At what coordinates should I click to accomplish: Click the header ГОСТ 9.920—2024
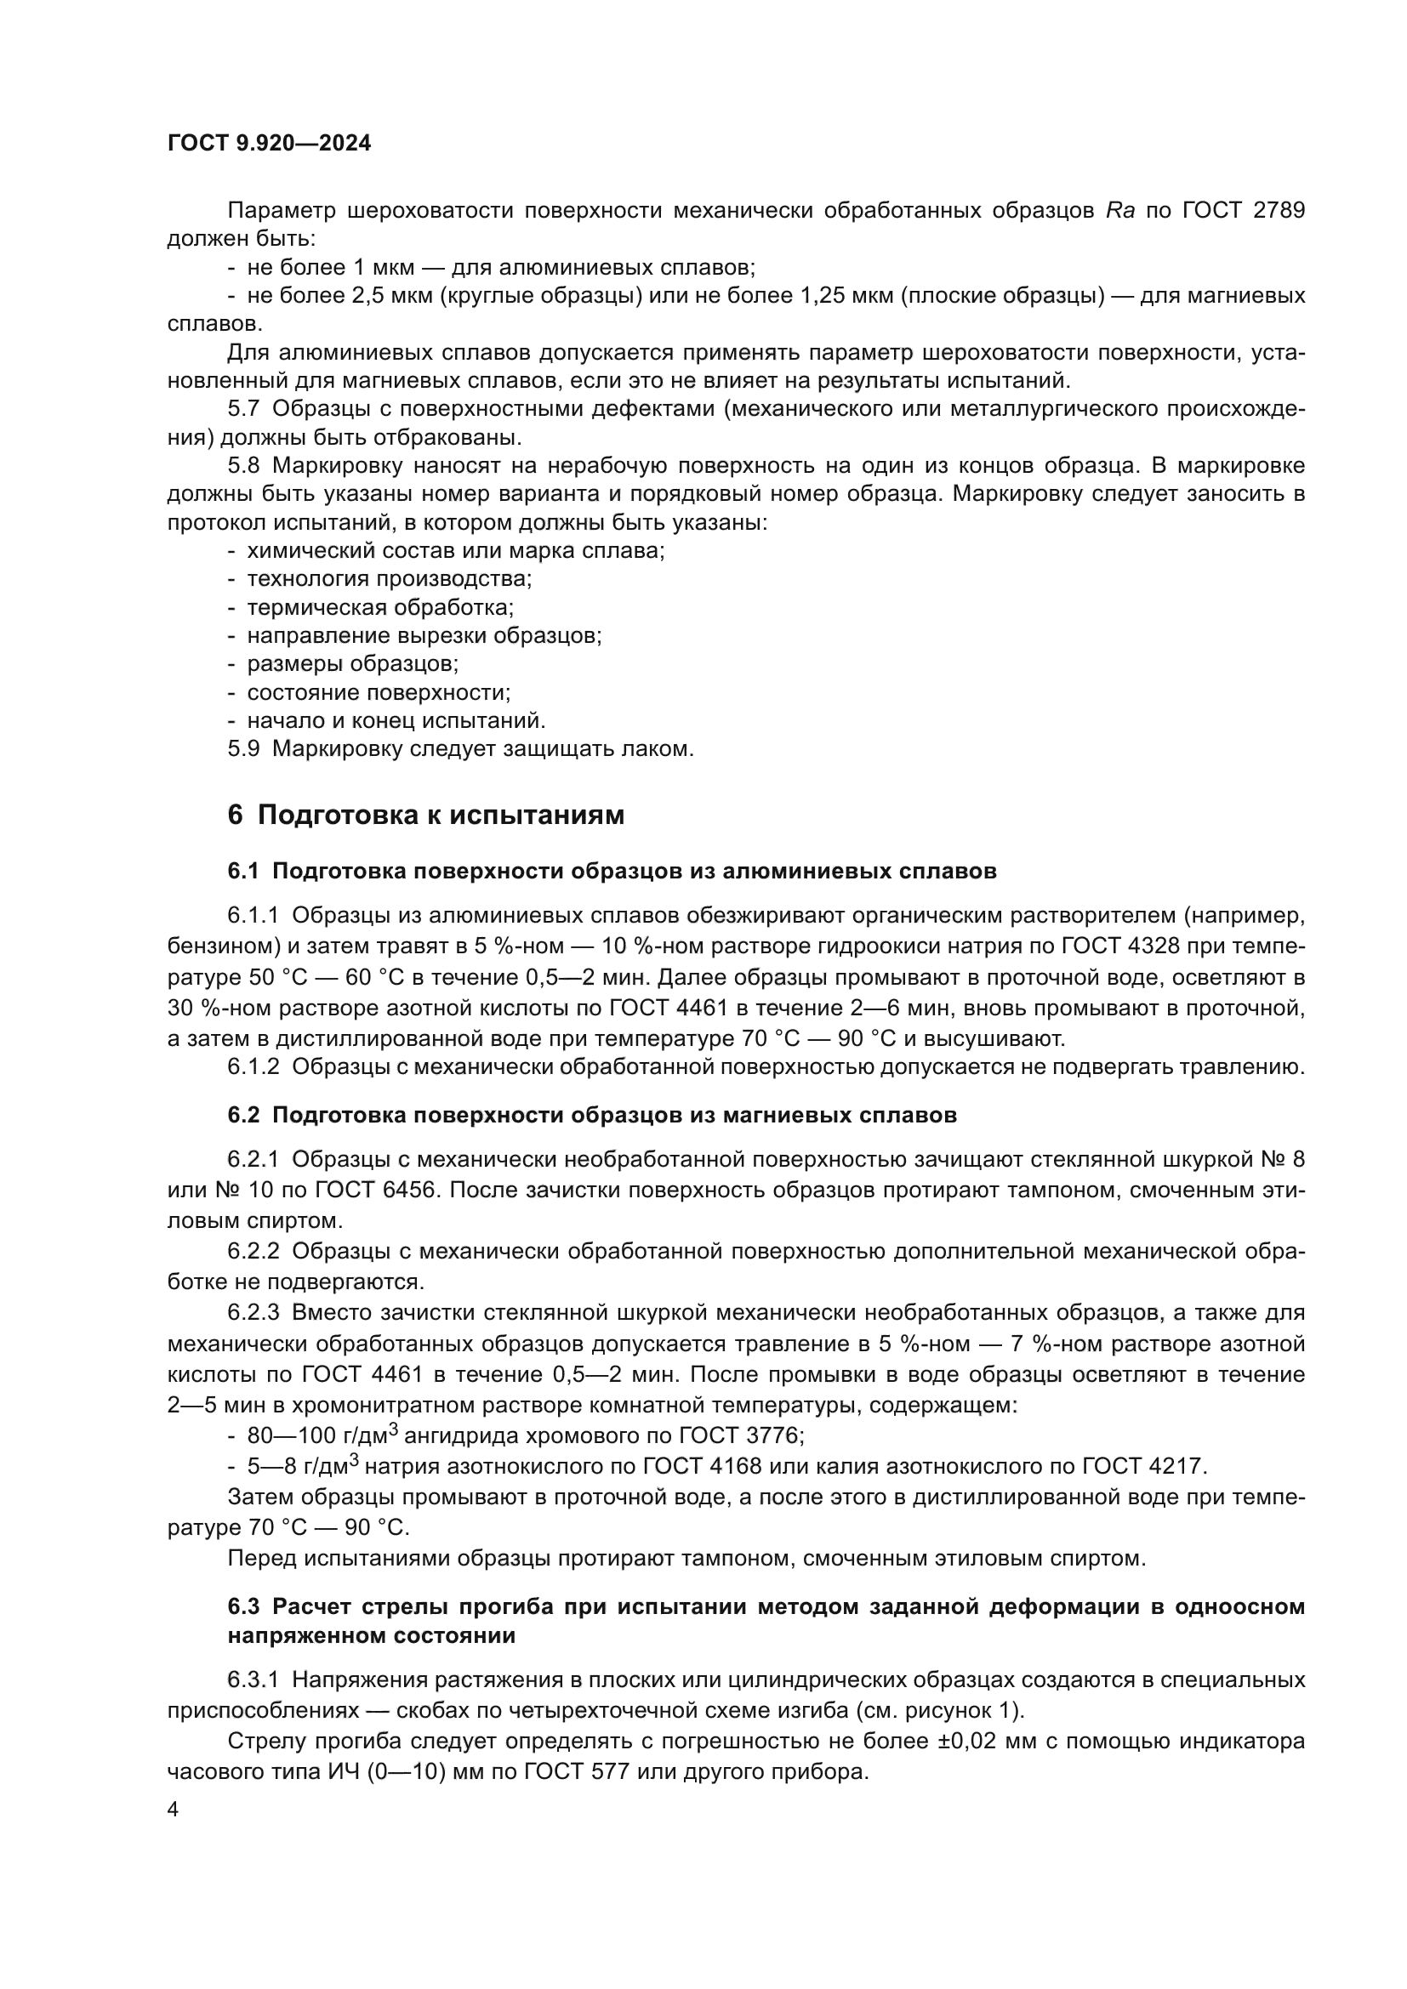point(269,144)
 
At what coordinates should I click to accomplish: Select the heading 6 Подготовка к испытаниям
point(425,815)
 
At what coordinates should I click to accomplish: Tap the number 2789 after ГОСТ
point(1279,211)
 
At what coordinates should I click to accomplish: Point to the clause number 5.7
point(243,409)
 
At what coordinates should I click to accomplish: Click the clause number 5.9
point(243,748)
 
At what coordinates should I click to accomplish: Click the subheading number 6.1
point(243,872)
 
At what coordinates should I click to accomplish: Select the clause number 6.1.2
point(253,1066)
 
